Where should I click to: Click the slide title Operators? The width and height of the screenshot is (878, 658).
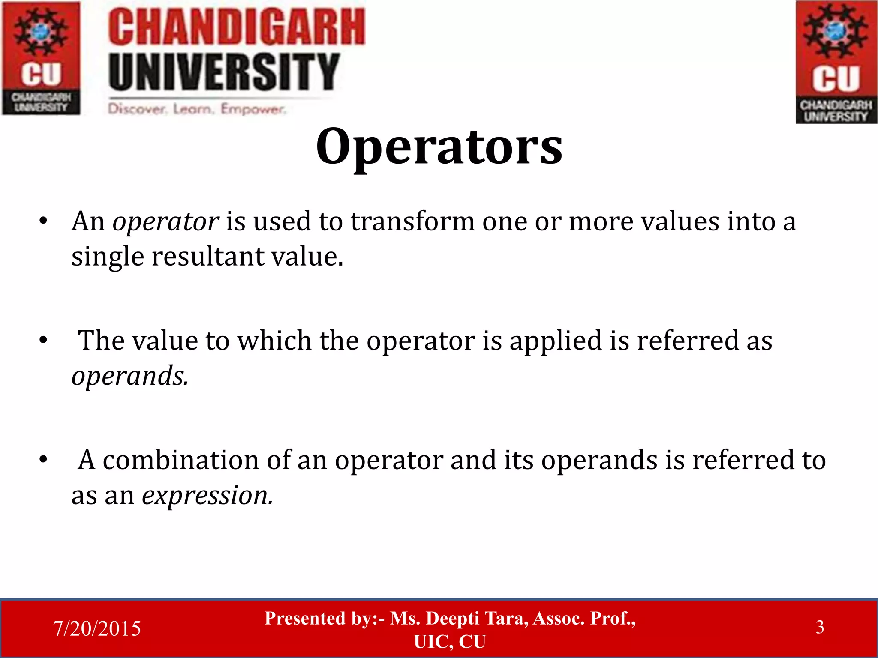click(x=439, y=147)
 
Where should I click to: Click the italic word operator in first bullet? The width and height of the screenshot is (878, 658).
click(x=166, y=222)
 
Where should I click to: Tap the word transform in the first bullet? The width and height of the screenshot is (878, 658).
click(x=412, y=222)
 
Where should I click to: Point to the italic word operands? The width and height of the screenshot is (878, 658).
click(x=129, y=377)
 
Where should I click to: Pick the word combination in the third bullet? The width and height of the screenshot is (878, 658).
click(x=181, y=460)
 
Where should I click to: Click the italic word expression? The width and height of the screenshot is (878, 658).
click(x=207, y=496)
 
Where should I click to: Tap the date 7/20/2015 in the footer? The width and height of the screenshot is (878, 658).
click(x=97, y=628)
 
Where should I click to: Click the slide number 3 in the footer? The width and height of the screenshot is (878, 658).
click(x=820, y=627)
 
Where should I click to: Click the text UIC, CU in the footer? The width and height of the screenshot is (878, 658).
click(x=450, y=642)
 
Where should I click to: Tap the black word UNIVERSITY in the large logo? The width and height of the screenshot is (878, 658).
click(x=224, y=72)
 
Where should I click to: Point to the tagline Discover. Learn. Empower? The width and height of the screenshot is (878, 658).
click(x=196, y=109)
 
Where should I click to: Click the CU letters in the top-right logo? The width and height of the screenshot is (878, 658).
click(x=836, y=79)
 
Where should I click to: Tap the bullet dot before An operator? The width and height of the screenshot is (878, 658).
click(x=43, y=222)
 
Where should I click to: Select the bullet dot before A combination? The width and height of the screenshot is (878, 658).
click(x=43, y=460)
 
